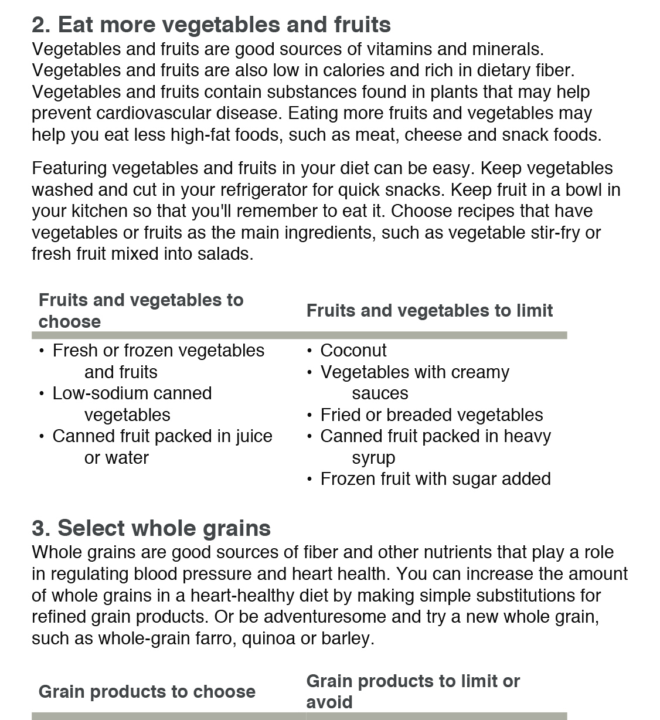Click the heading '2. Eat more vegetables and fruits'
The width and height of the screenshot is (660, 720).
coord(211,25)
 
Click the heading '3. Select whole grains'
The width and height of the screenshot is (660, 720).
coord(151,528)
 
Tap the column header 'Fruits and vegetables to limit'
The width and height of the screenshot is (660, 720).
coord(429,311)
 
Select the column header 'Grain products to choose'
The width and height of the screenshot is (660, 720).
coord(147,692)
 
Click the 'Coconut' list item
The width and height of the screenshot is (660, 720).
coord(353,351)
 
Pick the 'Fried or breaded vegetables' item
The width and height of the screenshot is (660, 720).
coord(431,415)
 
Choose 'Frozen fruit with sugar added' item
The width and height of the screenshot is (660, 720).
coord(436,479)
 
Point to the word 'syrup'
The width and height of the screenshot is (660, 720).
coord(373,458)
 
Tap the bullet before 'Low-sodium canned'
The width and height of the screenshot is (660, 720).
coord(41,394)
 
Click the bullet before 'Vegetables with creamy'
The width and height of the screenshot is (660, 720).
coord(309,373)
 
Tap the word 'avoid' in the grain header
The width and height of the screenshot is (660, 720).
coord(329,702)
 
